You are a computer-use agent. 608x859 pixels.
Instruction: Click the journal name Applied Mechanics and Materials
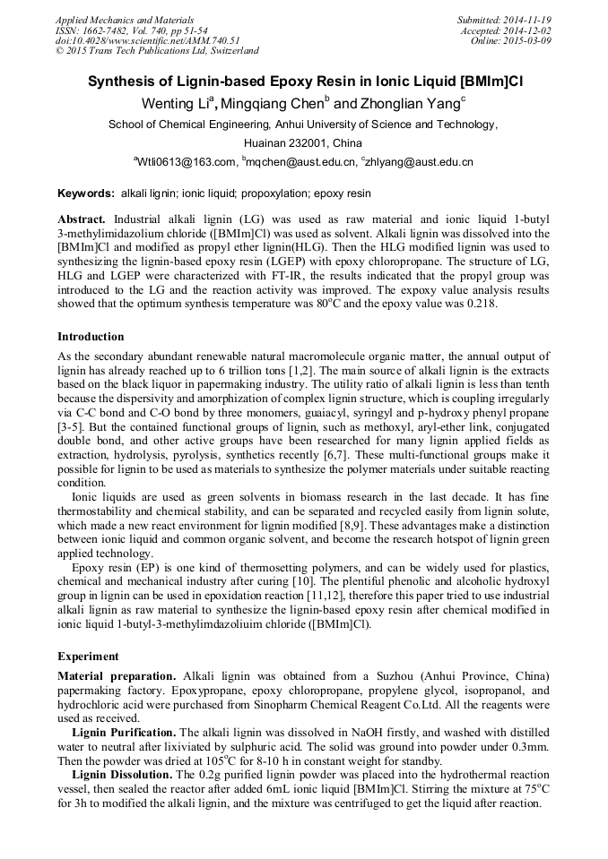click(112, 19)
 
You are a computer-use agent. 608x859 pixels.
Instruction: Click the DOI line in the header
click(147, 40)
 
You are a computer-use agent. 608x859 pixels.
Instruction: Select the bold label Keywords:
click(86, 193)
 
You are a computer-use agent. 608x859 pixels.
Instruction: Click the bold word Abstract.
click(82, 219)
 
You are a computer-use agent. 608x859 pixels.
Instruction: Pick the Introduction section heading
click(91, 337)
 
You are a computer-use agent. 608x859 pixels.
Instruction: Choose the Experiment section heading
click(87, 656)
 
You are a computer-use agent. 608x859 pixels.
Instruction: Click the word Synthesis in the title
click(120, 81)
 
